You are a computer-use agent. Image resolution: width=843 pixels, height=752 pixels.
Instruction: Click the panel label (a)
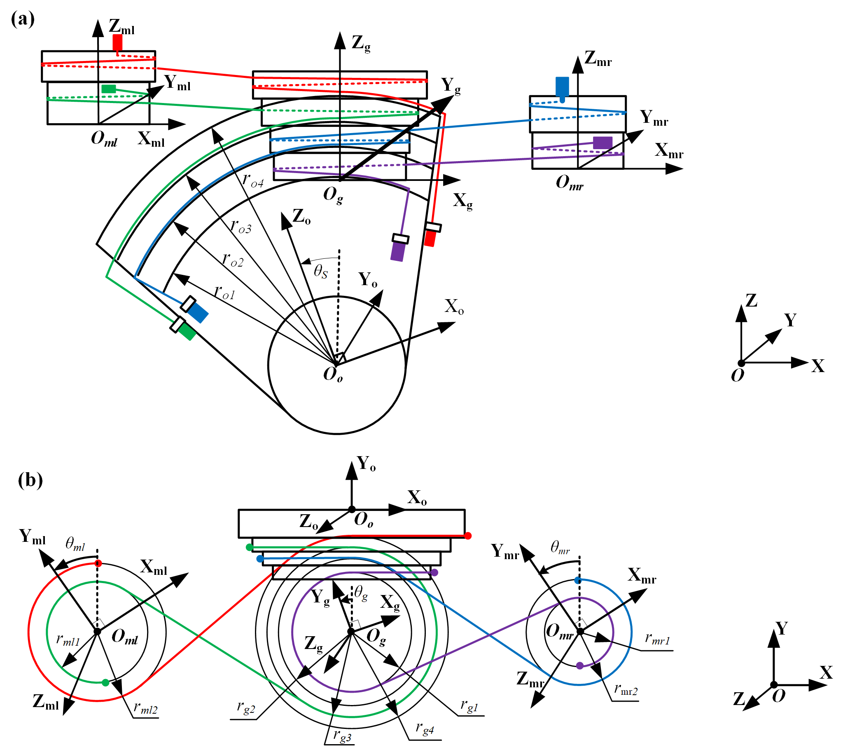point(23,19)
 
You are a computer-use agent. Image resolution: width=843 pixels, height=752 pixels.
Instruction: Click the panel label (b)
point(30,480)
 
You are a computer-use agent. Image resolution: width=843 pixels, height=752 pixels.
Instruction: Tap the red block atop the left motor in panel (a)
point(117,42)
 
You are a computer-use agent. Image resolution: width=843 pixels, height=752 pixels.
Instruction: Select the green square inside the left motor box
point(109,89)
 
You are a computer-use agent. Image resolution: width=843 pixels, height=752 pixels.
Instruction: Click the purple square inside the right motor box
point(602,143)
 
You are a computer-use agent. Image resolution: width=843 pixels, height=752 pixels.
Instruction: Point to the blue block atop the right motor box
point(562,87)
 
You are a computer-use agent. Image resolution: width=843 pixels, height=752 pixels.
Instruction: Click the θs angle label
point(320,271)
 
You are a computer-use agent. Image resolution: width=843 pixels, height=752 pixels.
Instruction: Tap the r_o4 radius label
point(253,180)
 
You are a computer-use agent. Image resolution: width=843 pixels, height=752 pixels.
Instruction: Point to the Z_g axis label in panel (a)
point(361,43)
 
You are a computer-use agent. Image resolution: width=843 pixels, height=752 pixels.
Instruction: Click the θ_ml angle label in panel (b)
point(75,544)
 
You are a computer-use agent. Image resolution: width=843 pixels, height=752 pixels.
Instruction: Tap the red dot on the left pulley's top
point(98,564)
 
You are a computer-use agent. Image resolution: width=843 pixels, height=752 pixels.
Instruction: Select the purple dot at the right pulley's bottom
point(580,665)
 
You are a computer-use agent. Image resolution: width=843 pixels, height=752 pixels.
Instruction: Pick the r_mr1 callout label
point(657,639)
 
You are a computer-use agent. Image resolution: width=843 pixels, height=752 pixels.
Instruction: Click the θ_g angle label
point(361,593)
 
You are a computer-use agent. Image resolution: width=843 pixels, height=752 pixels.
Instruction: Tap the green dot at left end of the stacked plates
point(250,548)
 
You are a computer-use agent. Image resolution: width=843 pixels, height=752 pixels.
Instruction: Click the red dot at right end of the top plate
point(468,536)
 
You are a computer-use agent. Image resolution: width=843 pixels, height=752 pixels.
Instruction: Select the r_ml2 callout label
point(145,709)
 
